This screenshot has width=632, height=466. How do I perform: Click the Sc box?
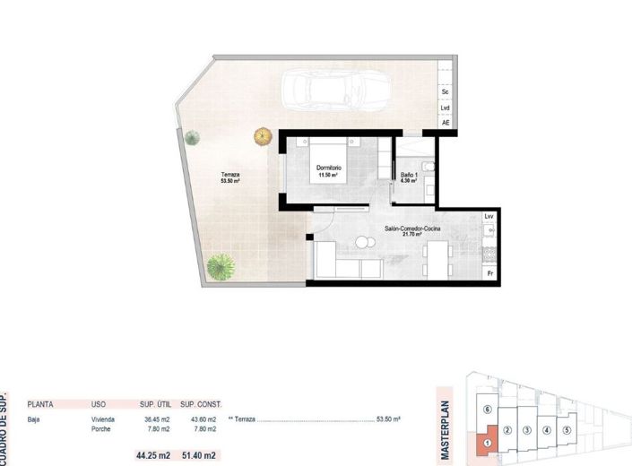point(445,91)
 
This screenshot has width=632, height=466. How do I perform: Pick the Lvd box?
point(445,108)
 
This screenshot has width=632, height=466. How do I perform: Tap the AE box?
point(445,123)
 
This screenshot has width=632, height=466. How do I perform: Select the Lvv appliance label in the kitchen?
point(489,216)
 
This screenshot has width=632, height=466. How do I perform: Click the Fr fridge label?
point(489,272)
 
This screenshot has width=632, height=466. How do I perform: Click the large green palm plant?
point(220,266)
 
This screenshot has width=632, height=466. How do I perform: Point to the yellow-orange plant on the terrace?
point(263,136)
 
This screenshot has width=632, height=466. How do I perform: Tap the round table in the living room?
point(363,242)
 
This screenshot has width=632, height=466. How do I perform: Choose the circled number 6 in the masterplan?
point(486,409)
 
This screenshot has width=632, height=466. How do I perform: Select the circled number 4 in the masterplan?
point(546,430)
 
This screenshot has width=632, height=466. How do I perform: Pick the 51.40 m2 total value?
point(199,455)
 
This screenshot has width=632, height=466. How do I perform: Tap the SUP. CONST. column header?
point(200,405)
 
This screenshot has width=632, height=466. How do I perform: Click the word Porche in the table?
point(101,428)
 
